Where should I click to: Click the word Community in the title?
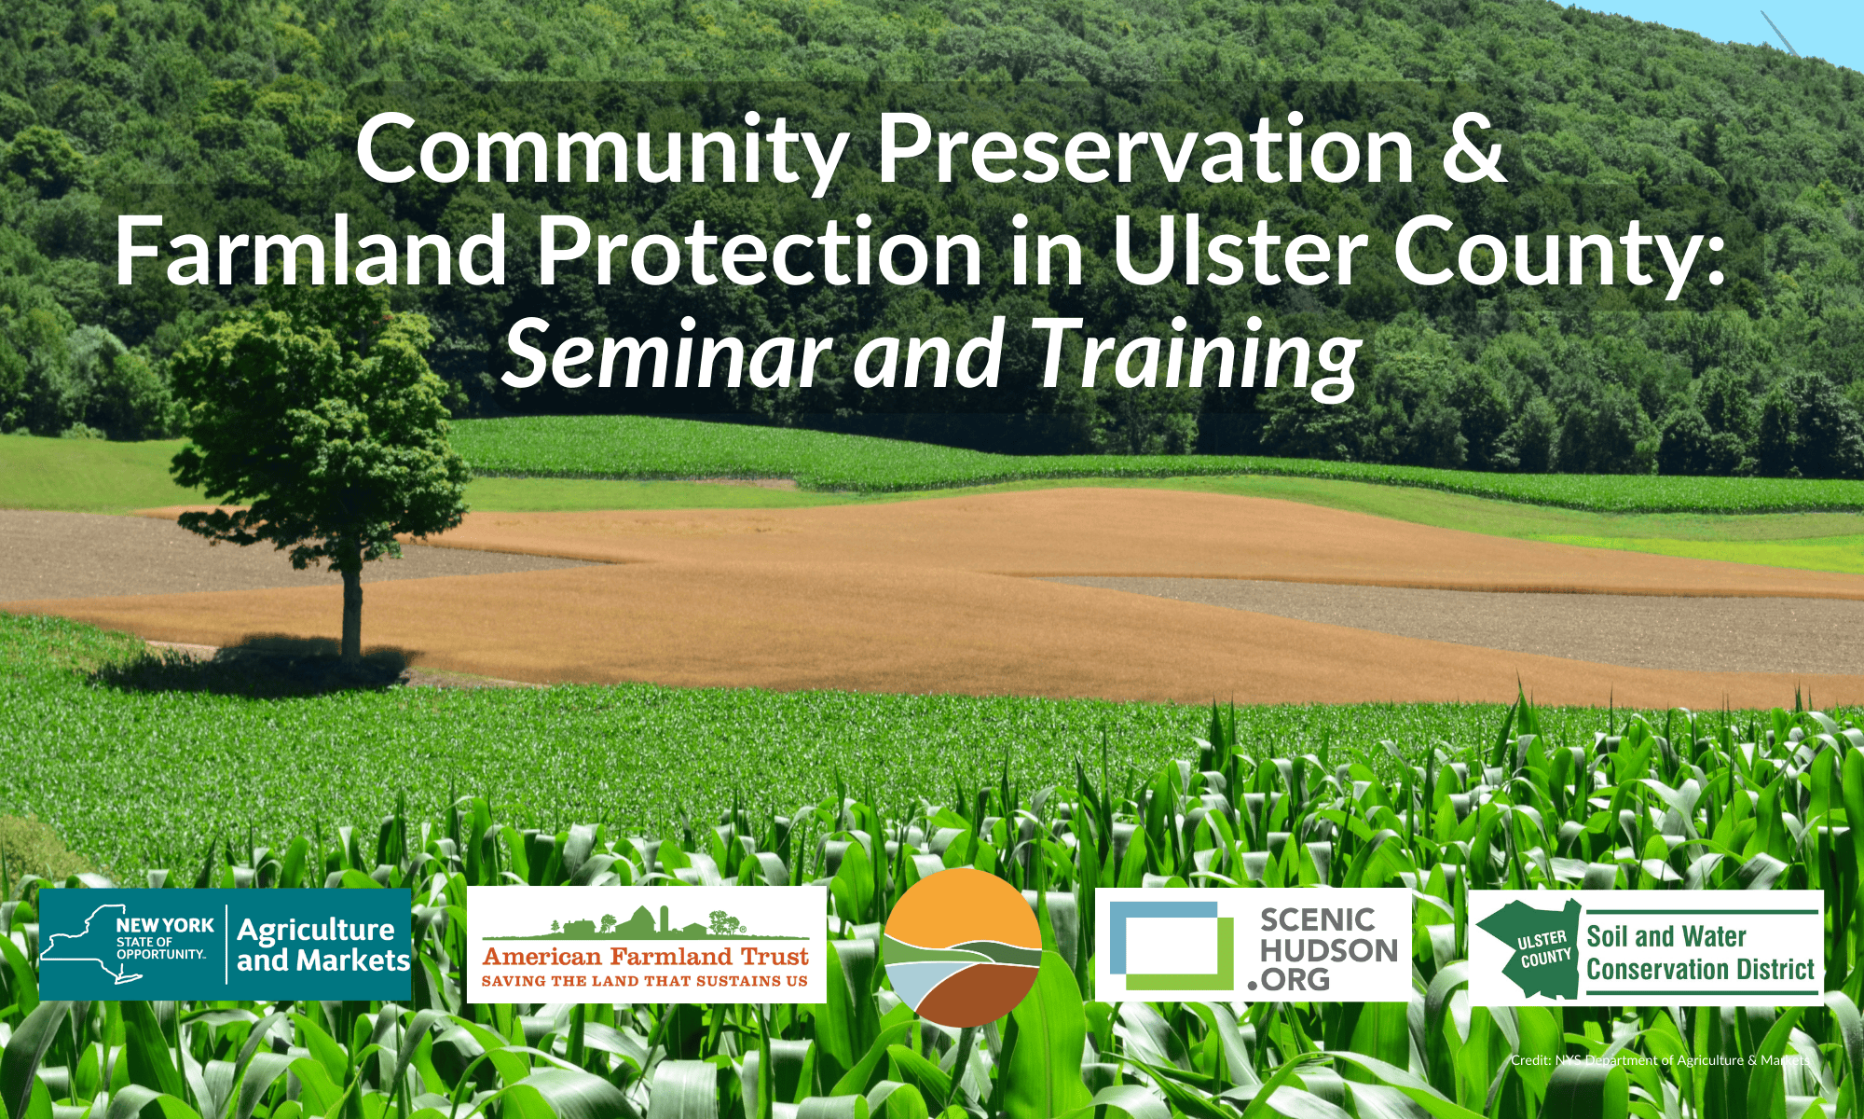pyautogui.click(x=601, y=151)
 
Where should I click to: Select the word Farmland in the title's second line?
pyautogui.click(x=310, y=252)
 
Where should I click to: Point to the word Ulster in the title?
pyautogui.click(x=1240, y=252)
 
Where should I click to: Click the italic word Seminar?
pyautogui.click(x=666, y=354)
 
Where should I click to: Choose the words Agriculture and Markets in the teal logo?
pyautogui.click(x=322, y=945)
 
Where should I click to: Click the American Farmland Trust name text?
pyautogui.click(x=645, y=957)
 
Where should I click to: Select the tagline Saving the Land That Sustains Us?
pyautogui.click(x=645, y=981)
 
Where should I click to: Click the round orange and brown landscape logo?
pyautogui.click(x=962, y=946)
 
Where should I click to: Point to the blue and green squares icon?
pyautogui.click(x=1171, y=945)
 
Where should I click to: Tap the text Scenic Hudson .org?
pyautogui.click(x=1327, y=949)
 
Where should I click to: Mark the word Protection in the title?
pyautogui.click(x=760, y=252)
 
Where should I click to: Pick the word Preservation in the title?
pyautogui.click(x=1146, y=151)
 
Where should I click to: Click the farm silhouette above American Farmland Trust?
pyautogui.click(x=643, y=922)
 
